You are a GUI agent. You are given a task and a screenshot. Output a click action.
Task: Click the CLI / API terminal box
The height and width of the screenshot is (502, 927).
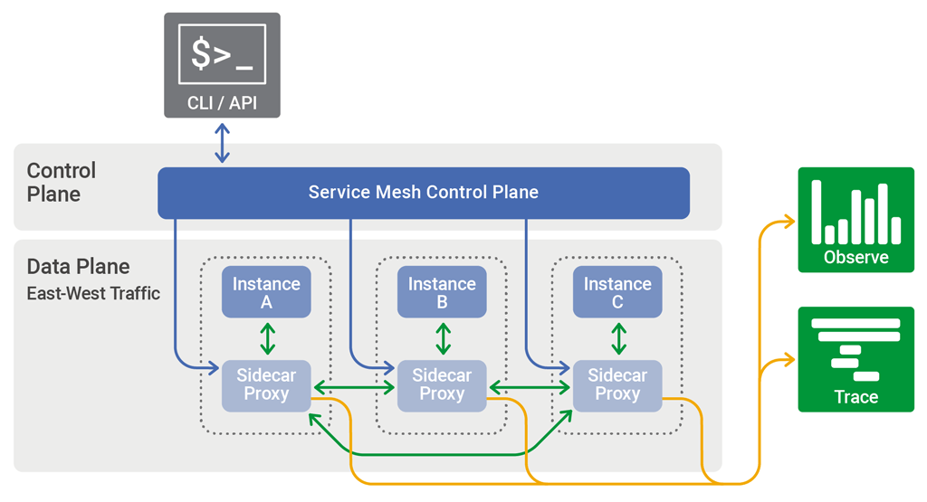pos(222,65)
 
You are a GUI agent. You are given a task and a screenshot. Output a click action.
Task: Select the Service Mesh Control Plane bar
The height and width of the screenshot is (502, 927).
pos(424,193)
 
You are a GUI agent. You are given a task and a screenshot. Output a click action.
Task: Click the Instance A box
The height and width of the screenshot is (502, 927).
pos(266,292)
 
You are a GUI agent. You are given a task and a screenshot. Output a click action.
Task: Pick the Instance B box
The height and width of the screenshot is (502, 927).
pos(442,292)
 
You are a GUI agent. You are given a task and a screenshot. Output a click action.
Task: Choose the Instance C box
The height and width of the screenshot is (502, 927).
pos(617,292)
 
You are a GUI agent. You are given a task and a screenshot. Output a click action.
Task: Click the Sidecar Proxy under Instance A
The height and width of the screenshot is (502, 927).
pos(266,385)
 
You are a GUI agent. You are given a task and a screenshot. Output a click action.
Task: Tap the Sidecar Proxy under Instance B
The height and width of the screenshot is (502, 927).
pos(442,385)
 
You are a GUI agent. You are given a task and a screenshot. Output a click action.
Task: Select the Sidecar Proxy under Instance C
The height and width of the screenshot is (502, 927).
pos(617,385)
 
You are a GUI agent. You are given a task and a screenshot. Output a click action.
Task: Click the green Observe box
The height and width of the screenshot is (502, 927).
pos(855,220)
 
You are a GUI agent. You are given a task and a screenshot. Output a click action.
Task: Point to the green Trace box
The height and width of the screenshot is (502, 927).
pos(855,359)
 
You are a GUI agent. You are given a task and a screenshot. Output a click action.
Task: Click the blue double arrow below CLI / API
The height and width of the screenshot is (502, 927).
pos(222,143)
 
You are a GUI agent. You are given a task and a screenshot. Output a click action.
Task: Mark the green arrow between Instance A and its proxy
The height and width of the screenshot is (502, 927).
pos(267,338)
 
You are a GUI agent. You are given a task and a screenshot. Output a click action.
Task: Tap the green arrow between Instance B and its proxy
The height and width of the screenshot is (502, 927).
pos(443,338)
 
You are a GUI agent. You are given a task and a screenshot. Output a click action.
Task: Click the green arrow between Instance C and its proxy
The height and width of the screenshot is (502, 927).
pos(618,338)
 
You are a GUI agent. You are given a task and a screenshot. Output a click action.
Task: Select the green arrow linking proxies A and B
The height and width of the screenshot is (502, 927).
pos(354,387)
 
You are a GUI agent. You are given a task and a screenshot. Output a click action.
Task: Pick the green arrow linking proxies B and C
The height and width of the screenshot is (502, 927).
pos(530,387)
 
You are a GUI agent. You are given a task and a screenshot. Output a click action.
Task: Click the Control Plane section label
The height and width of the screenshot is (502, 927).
pos(61,182)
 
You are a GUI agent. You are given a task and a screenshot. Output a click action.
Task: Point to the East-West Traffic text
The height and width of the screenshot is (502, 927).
pos(93,293)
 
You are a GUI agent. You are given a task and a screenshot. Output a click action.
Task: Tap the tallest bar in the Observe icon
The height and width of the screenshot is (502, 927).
pos(816,212)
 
